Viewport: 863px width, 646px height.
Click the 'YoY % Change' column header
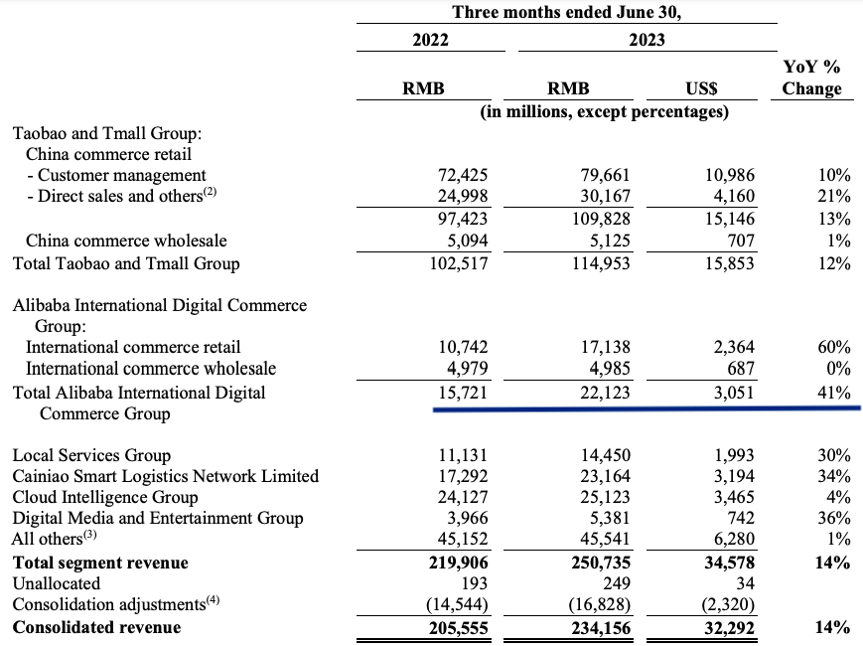tap(810, 78)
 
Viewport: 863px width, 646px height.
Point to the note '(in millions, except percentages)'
tap(604, 111)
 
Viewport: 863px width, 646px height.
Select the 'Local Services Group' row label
tap(91, 455)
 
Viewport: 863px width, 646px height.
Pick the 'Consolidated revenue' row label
tap(96, 626)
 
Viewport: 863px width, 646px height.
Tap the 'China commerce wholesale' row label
tap(126, 241)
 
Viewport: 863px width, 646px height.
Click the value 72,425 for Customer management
tap(463, 175)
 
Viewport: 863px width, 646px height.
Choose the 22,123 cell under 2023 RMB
tap(606, 393)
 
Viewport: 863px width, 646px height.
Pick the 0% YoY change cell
tap(838, 369)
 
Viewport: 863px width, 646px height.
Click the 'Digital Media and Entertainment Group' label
tap(158, 518)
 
